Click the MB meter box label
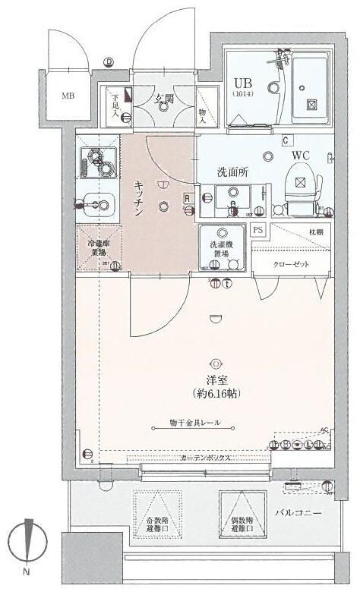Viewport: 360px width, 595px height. [68, 96]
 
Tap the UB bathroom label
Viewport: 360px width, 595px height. [243, 83]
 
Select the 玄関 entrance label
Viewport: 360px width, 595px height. [165, 98]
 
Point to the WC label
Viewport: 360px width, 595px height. [302, 156]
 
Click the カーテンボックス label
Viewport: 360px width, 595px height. [206, 458]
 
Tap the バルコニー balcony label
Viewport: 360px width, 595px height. [298, 514]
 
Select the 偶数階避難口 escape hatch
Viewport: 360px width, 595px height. [241, 516]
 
